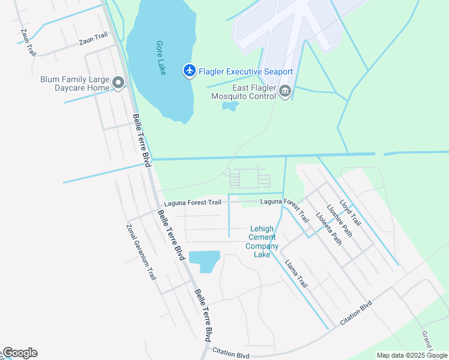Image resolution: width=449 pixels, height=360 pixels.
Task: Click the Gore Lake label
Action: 160,58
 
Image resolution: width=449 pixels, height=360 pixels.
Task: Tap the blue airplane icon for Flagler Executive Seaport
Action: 190,71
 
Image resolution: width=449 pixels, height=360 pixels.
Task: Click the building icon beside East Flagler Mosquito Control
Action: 285,91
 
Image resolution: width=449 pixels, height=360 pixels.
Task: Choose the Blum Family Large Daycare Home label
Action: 74,83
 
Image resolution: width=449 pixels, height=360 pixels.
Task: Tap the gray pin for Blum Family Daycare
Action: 118,83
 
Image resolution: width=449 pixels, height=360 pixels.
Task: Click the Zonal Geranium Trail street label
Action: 141,252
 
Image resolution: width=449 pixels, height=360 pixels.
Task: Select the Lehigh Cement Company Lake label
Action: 262,242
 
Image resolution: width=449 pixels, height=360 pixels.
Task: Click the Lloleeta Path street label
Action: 329,230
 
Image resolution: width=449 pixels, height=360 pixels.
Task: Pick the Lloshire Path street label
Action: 340,221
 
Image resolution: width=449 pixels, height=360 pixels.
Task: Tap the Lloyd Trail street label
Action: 351,212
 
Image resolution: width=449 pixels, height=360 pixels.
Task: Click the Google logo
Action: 20,353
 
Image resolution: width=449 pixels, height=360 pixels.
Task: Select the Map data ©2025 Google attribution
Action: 412,355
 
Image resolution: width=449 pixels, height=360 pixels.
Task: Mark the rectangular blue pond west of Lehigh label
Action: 204,260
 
